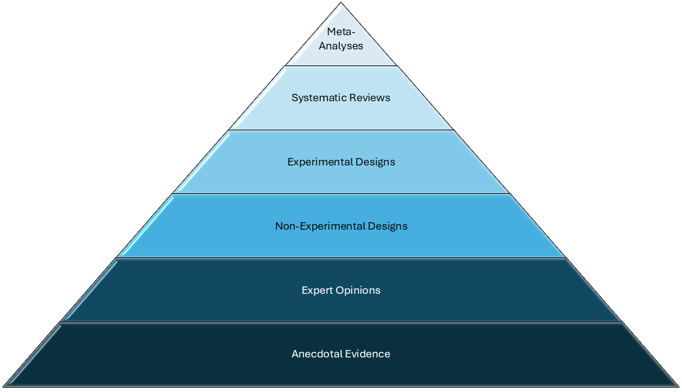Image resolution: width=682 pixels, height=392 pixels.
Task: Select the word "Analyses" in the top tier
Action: pyautogui.click(x=341, y=46)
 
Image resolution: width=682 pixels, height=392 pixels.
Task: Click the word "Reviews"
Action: pyautogui.click(x=368, y=98)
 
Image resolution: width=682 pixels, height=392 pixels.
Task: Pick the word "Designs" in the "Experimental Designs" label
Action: pyautogui.click(x=375, y=162)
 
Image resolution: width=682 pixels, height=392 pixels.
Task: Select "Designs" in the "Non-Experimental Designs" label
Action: pyautogui.click(x=387, y=226)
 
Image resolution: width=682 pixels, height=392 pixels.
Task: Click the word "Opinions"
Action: pyautogui.click(x=359, y=290)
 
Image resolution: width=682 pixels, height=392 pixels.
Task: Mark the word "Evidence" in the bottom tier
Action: pyautogui.click(x=368, y=354)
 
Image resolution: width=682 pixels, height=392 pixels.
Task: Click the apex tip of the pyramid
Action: pyautogui.click(x=341, y=2)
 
